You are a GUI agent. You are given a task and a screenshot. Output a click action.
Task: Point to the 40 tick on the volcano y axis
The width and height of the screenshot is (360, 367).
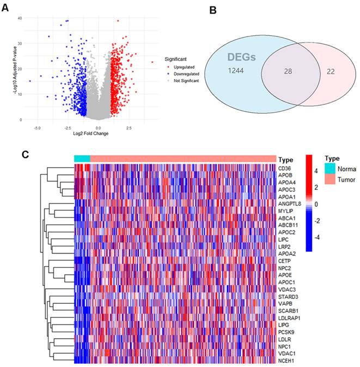[x=19, y=18]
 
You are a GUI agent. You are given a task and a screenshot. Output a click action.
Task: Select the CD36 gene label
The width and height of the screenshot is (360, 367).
[x=284, y=168]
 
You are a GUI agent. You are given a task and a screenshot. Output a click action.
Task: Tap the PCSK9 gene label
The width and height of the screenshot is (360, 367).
[x=286, y=331]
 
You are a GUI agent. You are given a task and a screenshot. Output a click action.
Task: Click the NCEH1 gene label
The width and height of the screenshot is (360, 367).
[x=286, y=359]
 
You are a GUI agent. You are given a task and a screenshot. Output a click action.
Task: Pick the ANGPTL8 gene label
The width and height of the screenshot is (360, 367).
[x=289, y=203]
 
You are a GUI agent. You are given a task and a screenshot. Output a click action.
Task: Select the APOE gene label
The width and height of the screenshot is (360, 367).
[x=284, y=274]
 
